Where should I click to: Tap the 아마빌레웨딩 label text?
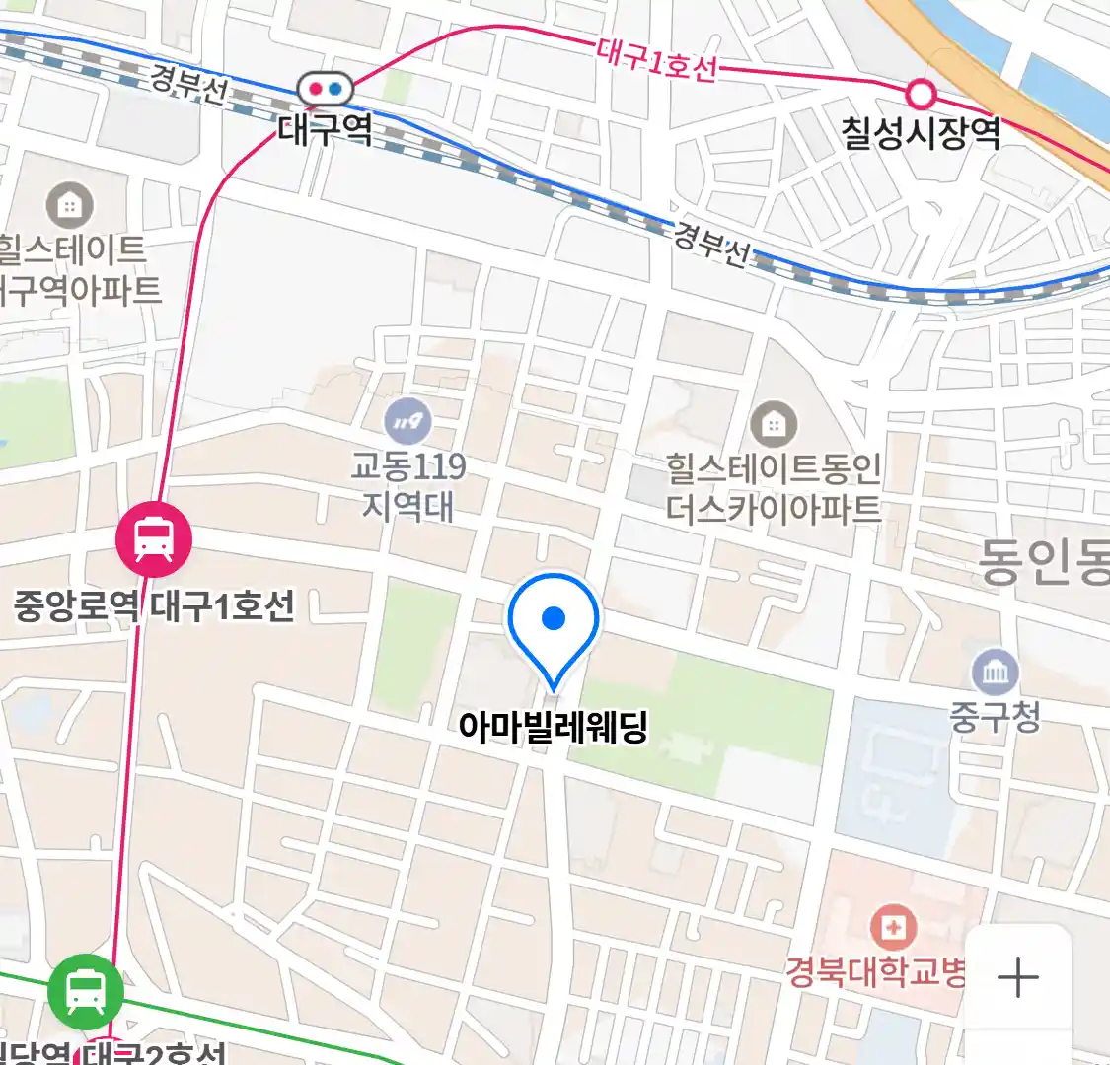pyautogui.click(x=553, y=728)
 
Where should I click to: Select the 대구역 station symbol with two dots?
pyautogui.click(x=326, y=89)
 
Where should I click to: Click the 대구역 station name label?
pyautogui.click(x=326, y=129)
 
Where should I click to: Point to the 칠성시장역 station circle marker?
pyautogui.click(x=921, y=95)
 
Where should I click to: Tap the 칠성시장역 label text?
pyautogui.click(x=921, y=132)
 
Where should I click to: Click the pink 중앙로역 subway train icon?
pyautogui.click(x=154, y=539)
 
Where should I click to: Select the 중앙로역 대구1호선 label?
pyautogui.click(x=154, y=605)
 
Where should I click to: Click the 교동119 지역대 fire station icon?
pyautogui.click(x=408, y=423)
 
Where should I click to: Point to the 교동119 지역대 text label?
pyautogui.click(x=408, y=485)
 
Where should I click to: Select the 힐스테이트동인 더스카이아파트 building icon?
pyautogui.click(x=774, y=424)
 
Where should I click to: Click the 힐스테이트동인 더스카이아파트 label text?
pyautogui.click(x=774, y=489)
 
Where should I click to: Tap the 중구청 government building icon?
pyautogui.click(x=995, y=673)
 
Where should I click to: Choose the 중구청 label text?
pyautogui.click(x=995, y=716)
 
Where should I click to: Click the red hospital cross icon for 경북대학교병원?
pyautogui.click(x=893, y=928)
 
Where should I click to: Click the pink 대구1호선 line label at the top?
pyautogui.click(x=656, y=61)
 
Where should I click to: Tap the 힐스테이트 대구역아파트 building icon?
pyautogui.click(x=70, y=206)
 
